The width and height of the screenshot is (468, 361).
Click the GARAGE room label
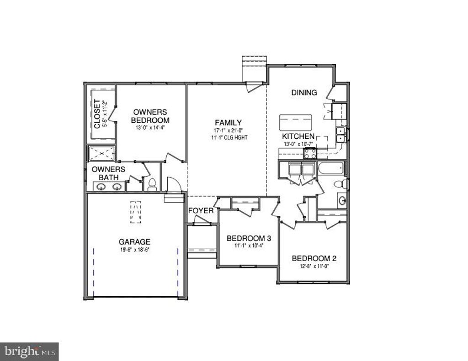134,242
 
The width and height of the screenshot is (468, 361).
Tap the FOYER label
201,211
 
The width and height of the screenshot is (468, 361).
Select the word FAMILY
228,122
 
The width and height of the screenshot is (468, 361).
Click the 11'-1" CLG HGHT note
228,137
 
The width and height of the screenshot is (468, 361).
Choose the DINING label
304,93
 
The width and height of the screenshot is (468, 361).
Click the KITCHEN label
298,136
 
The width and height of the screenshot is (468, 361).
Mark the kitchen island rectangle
295,123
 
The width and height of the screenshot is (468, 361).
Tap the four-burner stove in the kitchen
310,154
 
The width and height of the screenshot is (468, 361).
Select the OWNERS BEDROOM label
151,116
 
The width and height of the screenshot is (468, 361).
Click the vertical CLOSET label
97,114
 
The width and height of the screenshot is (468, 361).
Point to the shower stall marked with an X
101,154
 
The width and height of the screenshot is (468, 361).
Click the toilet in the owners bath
152,184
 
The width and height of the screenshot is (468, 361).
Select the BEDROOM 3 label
249,238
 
